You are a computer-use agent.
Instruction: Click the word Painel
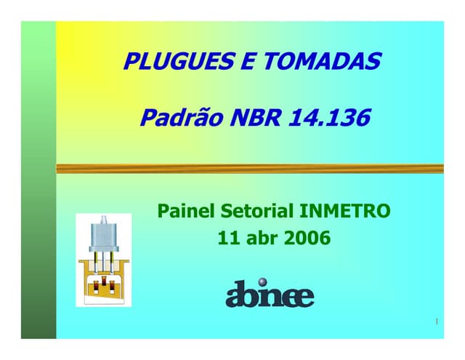(x=186, y=212)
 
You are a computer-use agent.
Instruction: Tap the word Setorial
(x=256, y=212)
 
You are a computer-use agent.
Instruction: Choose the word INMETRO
(x=345, y=212)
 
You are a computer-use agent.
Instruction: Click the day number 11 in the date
(x=226, y=237)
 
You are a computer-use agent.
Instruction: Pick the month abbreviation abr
(x=259, y=238)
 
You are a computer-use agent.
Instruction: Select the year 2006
(x=307, y=237)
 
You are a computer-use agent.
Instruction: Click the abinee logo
(x=270, y=295)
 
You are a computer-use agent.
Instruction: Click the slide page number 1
(x=436, y=321)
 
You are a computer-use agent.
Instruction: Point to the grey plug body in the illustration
(x=103, y=235)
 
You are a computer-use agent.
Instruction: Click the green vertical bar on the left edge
(x=38, y=182)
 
